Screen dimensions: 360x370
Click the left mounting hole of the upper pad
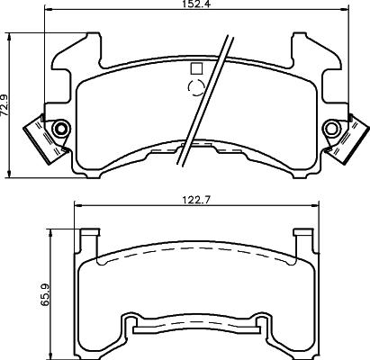coord(61,129)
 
